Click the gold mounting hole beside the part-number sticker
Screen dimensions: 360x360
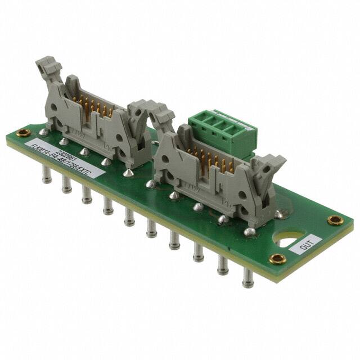coord(24,133)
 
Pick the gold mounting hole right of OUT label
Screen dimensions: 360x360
coord(336,220)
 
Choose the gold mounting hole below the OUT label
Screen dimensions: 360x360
coord(277,258)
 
